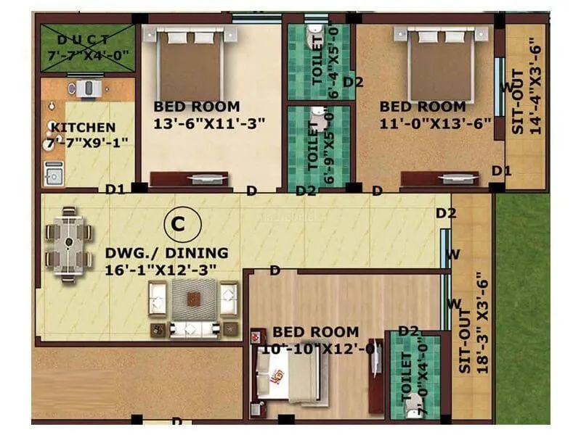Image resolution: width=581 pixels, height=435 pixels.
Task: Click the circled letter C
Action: (x=177, y=225)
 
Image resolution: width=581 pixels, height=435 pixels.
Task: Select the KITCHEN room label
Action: (x=82, y=128)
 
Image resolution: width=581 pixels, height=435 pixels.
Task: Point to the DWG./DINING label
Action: (x=166, y=254)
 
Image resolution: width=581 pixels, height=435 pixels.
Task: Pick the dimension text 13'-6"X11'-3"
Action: (x=209, y=123)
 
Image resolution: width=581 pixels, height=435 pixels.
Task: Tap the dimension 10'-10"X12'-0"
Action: (x=317, y=349)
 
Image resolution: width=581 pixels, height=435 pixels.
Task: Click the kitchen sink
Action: (x=53, y=173)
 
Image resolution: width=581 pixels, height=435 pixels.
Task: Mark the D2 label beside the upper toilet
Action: (x=353, y=82)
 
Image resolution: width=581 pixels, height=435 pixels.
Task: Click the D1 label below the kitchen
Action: (x=114, y=190)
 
